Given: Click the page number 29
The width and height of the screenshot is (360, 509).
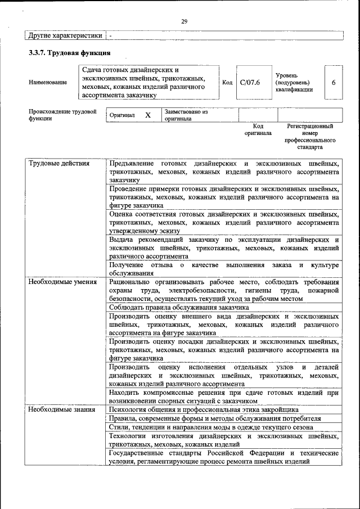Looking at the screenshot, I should pyautogui.click(x=184, y=21).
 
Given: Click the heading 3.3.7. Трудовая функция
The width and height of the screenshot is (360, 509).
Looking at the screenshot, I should pyautogui.click(x=69, y=53).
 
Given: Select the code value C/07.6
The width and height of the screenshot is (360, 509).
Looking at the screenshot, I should pyautogui.click(x=250, y=83).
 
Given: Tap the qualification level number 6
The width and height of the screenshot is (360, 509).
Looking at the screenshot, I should pyautogui.click(x=334, y=83).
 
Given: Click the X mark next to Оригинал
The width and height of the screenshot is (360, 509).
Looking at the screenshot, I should pyautogui.click(x=148, y=115).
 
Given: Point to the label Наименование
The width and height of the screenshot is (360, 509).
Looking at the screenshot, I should pyautogui.click(x=47, y=83).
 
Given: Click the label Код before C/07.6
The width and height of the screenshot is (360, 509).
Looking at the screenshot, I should pyautogui.click(x=227, y=83).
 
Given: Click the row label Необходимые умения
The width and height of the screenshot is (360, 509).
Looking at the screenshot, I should pyautogui.click(x=62, y=282).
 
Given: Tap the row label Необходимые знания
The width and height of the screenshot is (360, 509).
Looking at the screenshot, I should pyautogui.click(x=62, y=409).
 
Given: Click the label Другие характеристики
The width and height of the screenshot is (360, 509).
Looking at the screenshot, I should pyautogui.click(x=65, y=35).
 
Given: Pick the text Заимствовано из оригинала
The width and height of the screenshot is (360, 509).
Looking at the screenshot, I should pyautogui.click(x=186, y=115).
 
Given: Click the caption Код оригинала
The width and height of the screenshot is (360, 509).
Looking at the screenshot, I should pyautogui.click(x=258, y=130).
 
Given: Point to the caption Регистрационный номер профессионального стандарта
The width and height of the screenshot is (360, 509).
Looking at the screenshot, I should pyautogui.click(x=310, y=137).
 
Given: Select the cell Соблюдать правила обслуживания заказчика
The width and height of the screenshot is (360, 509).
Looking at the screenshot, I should pyautogui.click(x=179, y=308).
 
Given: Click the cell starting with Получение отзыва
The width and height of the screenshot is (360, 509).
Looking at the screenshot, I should pyautogui.click(x=224, y=268).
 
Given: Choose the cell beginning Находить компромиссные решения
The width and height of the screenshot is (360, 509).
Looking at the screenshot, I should pyautogui.click(x=224, y=397).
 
